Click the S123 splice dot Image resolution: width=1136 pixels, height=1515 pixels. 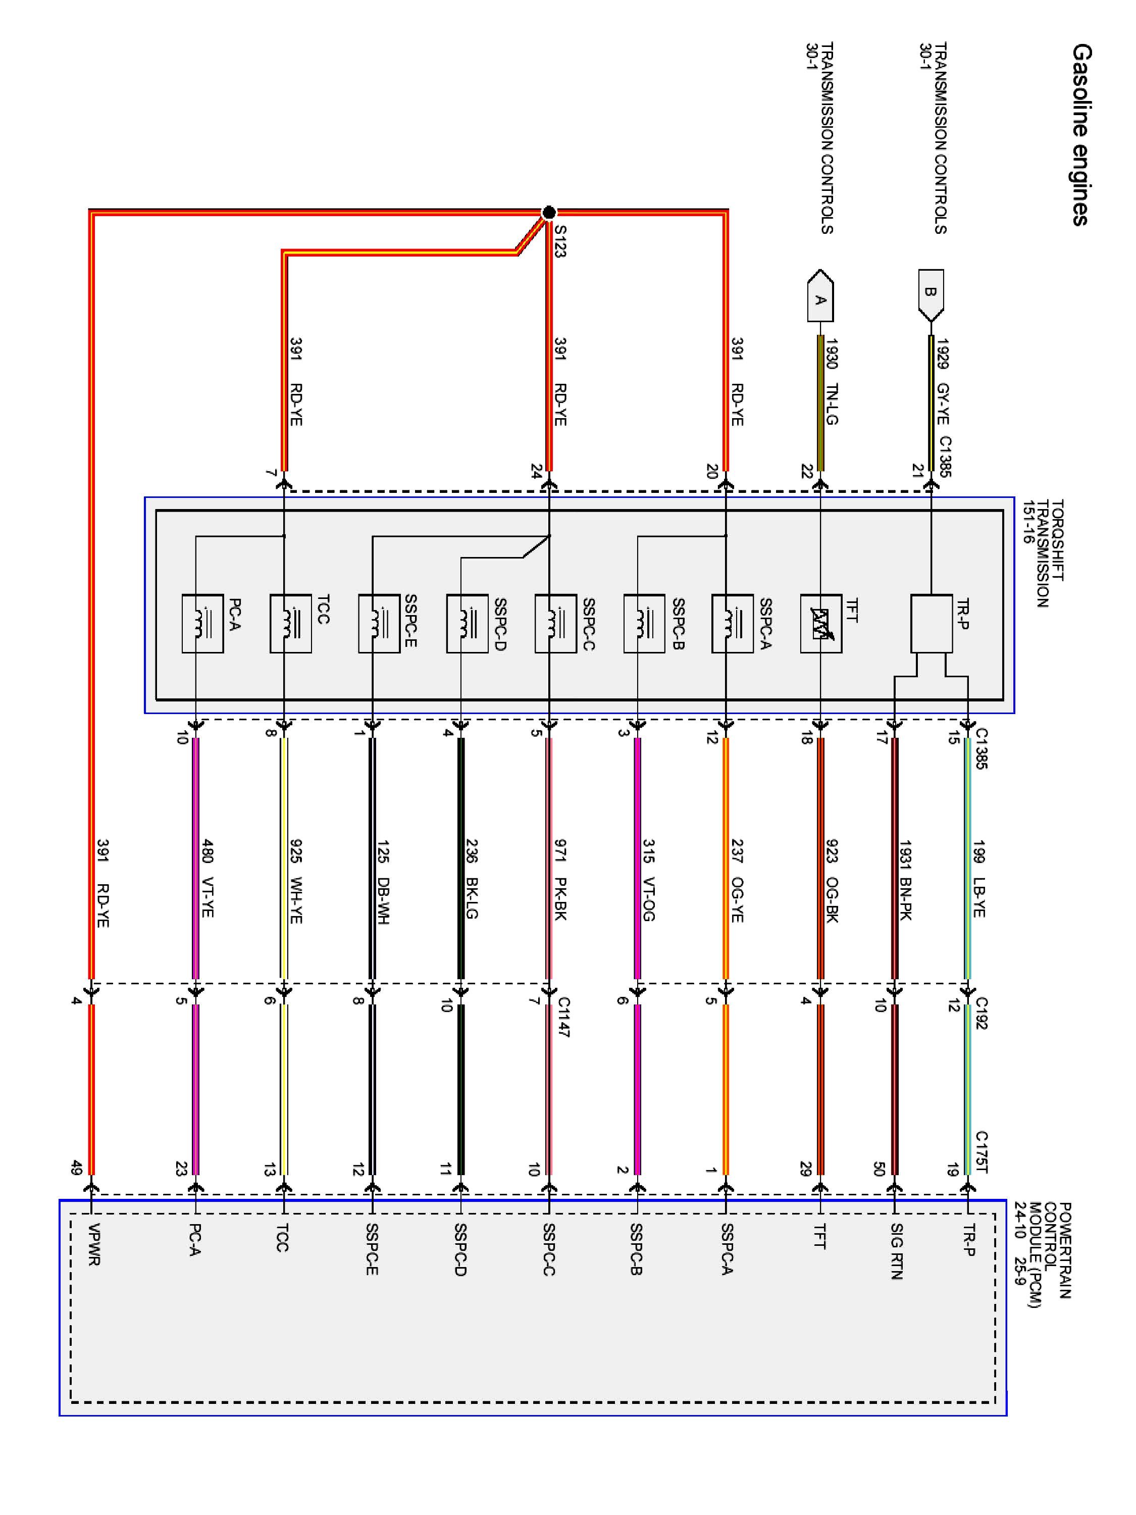(x=548, y=212)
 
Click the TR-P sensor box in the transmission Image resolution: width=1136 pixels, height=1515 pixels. (x=931, y=623)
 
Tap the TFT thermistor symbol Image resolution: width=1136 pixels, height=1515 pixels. (x=820, y=623)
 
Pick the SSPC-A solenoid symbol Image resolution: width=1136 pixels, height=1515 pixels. (x=732, y=623)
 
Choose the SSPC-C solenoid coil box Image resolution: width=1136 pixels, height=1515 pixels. (x=555, y=623)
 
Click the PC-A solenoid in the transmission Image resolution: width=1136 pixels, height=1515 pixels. (x=202, y=623)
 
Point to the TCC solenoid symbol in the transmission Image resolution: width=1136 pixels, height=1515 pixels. (x=290, y=623)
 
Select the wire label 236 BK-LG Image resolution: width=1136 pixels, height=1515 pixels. (x=472, y=879)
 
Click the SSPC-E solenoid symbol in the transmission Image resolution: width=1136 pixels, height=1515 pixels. (x=379, y=623)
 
